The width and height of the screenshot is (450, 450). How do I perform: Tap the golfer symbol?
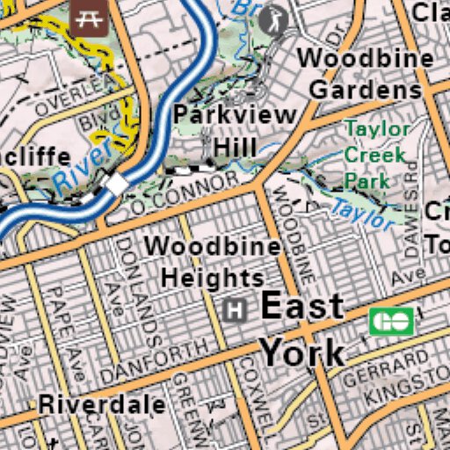tap(276, 19)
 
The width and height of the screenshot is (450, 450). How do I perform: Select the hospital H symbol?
tap(235, 309)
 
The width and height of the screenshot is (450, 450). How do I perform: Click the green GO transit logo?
tap(392, 322)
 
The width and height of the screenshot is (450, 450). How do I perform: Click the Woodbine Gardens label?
tap(366, 74)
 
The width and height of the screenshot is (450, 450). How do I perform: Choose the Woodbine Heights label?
tap(213, 261)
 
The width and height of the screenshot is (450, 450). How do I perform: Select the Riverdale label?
tap(102, 405)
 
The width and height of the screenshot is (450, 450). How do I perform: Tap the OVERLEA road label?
tap(76, 94)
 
